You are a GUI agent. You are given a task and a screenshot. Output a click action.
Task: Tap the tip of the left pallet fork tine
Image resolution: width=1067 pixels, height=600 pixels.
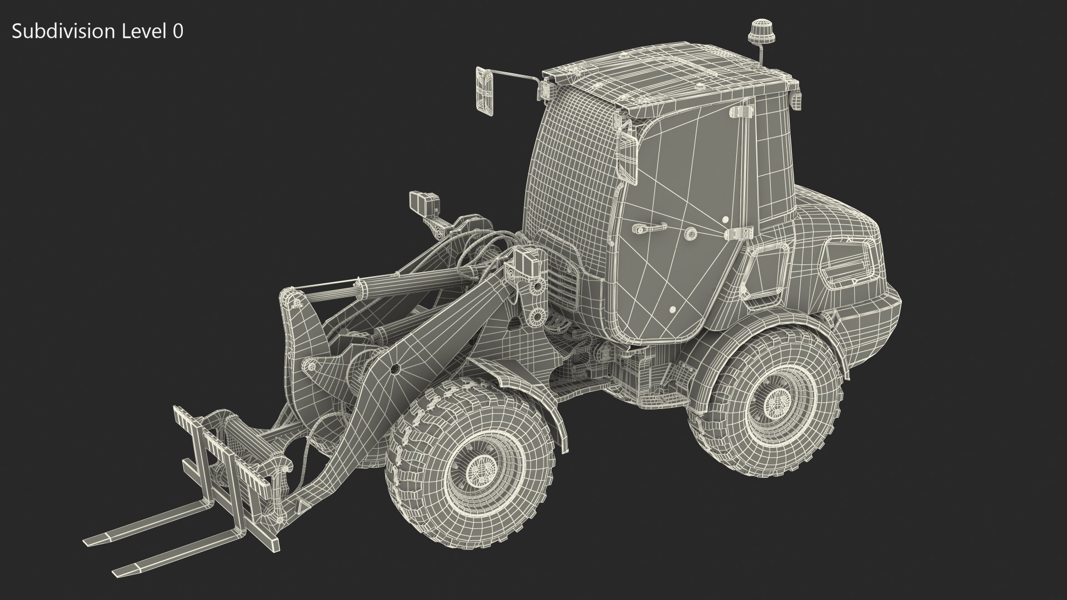(x=89, y=542)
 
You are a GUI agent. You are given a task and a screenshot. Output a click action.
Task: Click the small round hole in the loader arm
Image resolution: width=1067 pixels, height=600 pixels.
(x=395, y=368)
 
